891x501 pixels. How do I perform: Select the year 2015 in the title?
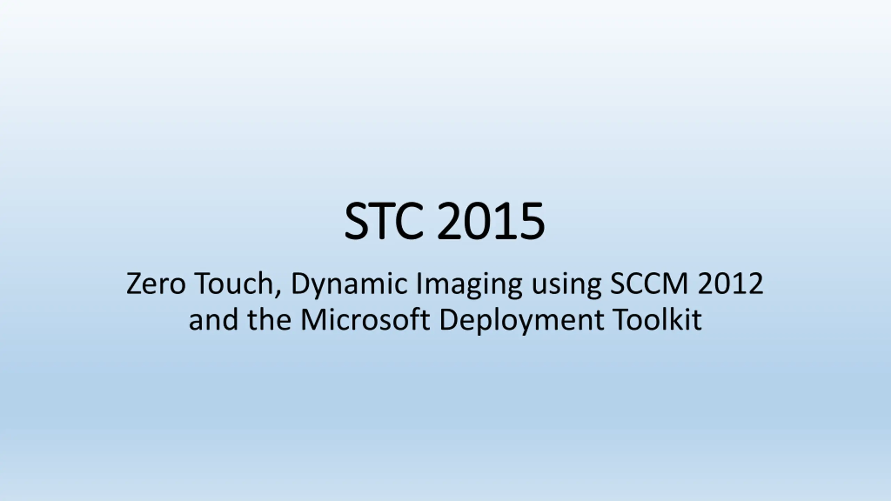491,221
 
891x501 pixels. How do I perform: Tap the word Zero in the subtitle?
156,284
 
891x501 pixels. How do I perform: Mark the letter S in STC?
357,221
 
